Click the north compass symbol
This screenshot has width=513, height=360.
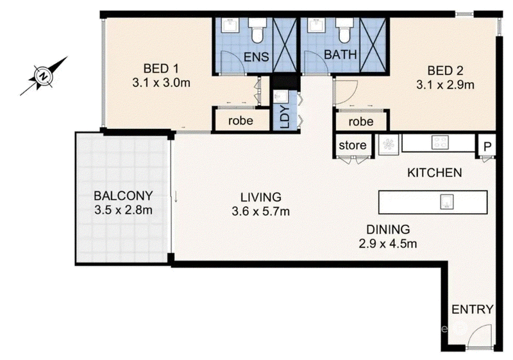[x=43, y=76]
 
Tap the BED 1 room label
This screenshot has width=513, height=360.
[x=162, y=69]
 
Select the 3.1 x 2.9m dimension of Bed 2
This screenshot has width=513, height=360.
[x=445, y=85]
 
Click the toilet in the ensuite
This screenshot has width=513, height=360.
[x=258, y=30]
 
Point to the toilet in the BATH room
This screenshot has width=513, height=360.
[x=344, y=30]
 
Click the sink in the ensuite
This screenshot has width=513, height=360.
[x=231, y=25]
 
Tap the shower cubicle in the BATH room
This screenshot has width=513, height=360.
[x=373, y=44]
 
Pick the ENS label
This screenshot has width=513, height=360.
[x=256, y=57]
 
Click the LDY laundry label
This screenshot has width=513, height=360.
[x=285, y=117]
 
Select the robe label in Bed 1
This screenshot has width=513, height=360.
[x=240, y=121]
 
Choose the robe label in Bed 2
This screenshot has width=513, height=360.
[x=361, y=122]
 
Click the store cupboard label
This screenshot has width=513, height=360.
[x=352, y=145]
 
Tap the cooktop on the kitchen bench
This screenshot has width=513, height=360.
[x=440, y=143]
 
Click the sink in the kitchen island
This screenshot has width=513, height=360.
[x=447, y=201]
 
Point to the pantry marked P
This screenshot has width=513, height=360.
[x=487, y=146]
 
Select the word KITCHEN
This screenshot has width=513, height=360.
[x=435, y=173]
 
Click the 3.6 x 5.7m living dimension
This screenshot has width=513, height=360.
[x=261, y=211]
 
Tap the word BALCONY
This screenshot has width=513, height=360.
[x=123, y=196]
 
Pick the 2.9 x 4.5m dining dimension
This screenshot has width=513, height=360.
[x=388, y=244]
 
